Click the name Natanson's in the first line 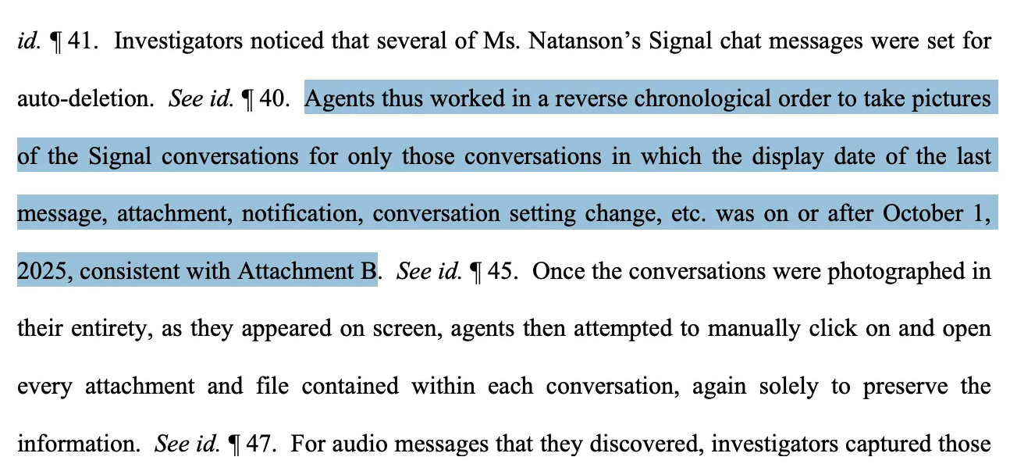click(x=584, y=41)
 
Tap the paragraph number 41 click(x=83, y=41)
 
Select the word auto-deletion click(x=86, y=98)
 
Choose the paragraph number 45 click(x=503, y=271)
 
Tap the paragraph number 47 click(x=261, y=444)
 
